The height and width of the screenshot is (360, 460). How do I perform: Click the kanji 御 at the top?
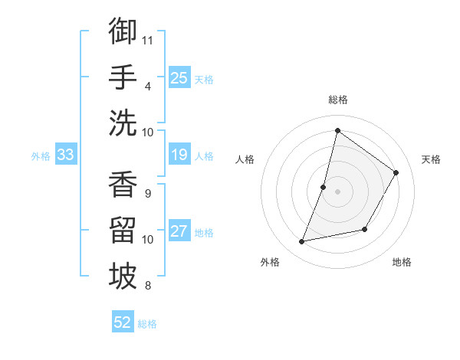123,31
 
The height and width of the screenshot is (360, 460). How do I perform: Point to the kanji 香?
123,184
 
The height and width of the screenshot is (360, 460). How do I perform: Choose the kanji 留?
123,231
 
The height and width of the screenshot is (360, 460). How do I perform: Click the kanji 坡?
123,277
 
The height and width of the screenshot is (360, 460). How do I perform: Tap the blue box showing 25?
179,77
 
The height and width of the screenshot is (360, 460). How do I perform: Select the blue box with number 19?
179,155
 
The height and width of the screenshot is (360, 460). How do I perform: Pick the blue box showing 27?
179,231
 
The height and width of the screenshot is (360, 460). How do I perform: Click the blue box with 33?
65,155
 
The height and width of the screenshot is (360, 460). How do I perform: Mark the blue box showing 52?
123,322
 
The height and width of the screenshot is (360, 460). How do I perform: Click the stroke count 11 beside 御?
149,38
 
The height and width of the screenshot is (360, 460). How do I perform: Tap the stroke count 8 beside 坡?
149,286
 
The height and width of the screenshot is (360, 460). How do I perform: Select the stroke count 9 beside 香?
149,193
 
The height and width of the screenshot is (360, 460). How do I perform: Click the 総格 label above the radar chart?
338,100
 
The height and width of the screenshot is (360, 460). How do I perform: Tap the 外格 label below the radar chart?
270,262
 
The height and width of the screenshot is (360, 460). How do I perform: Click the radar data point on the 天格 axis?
396,172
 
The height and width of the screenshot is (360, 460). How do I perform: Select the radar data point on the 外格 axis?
302,242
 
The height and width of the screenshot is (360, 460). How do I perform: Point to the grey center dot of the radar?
338,191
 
